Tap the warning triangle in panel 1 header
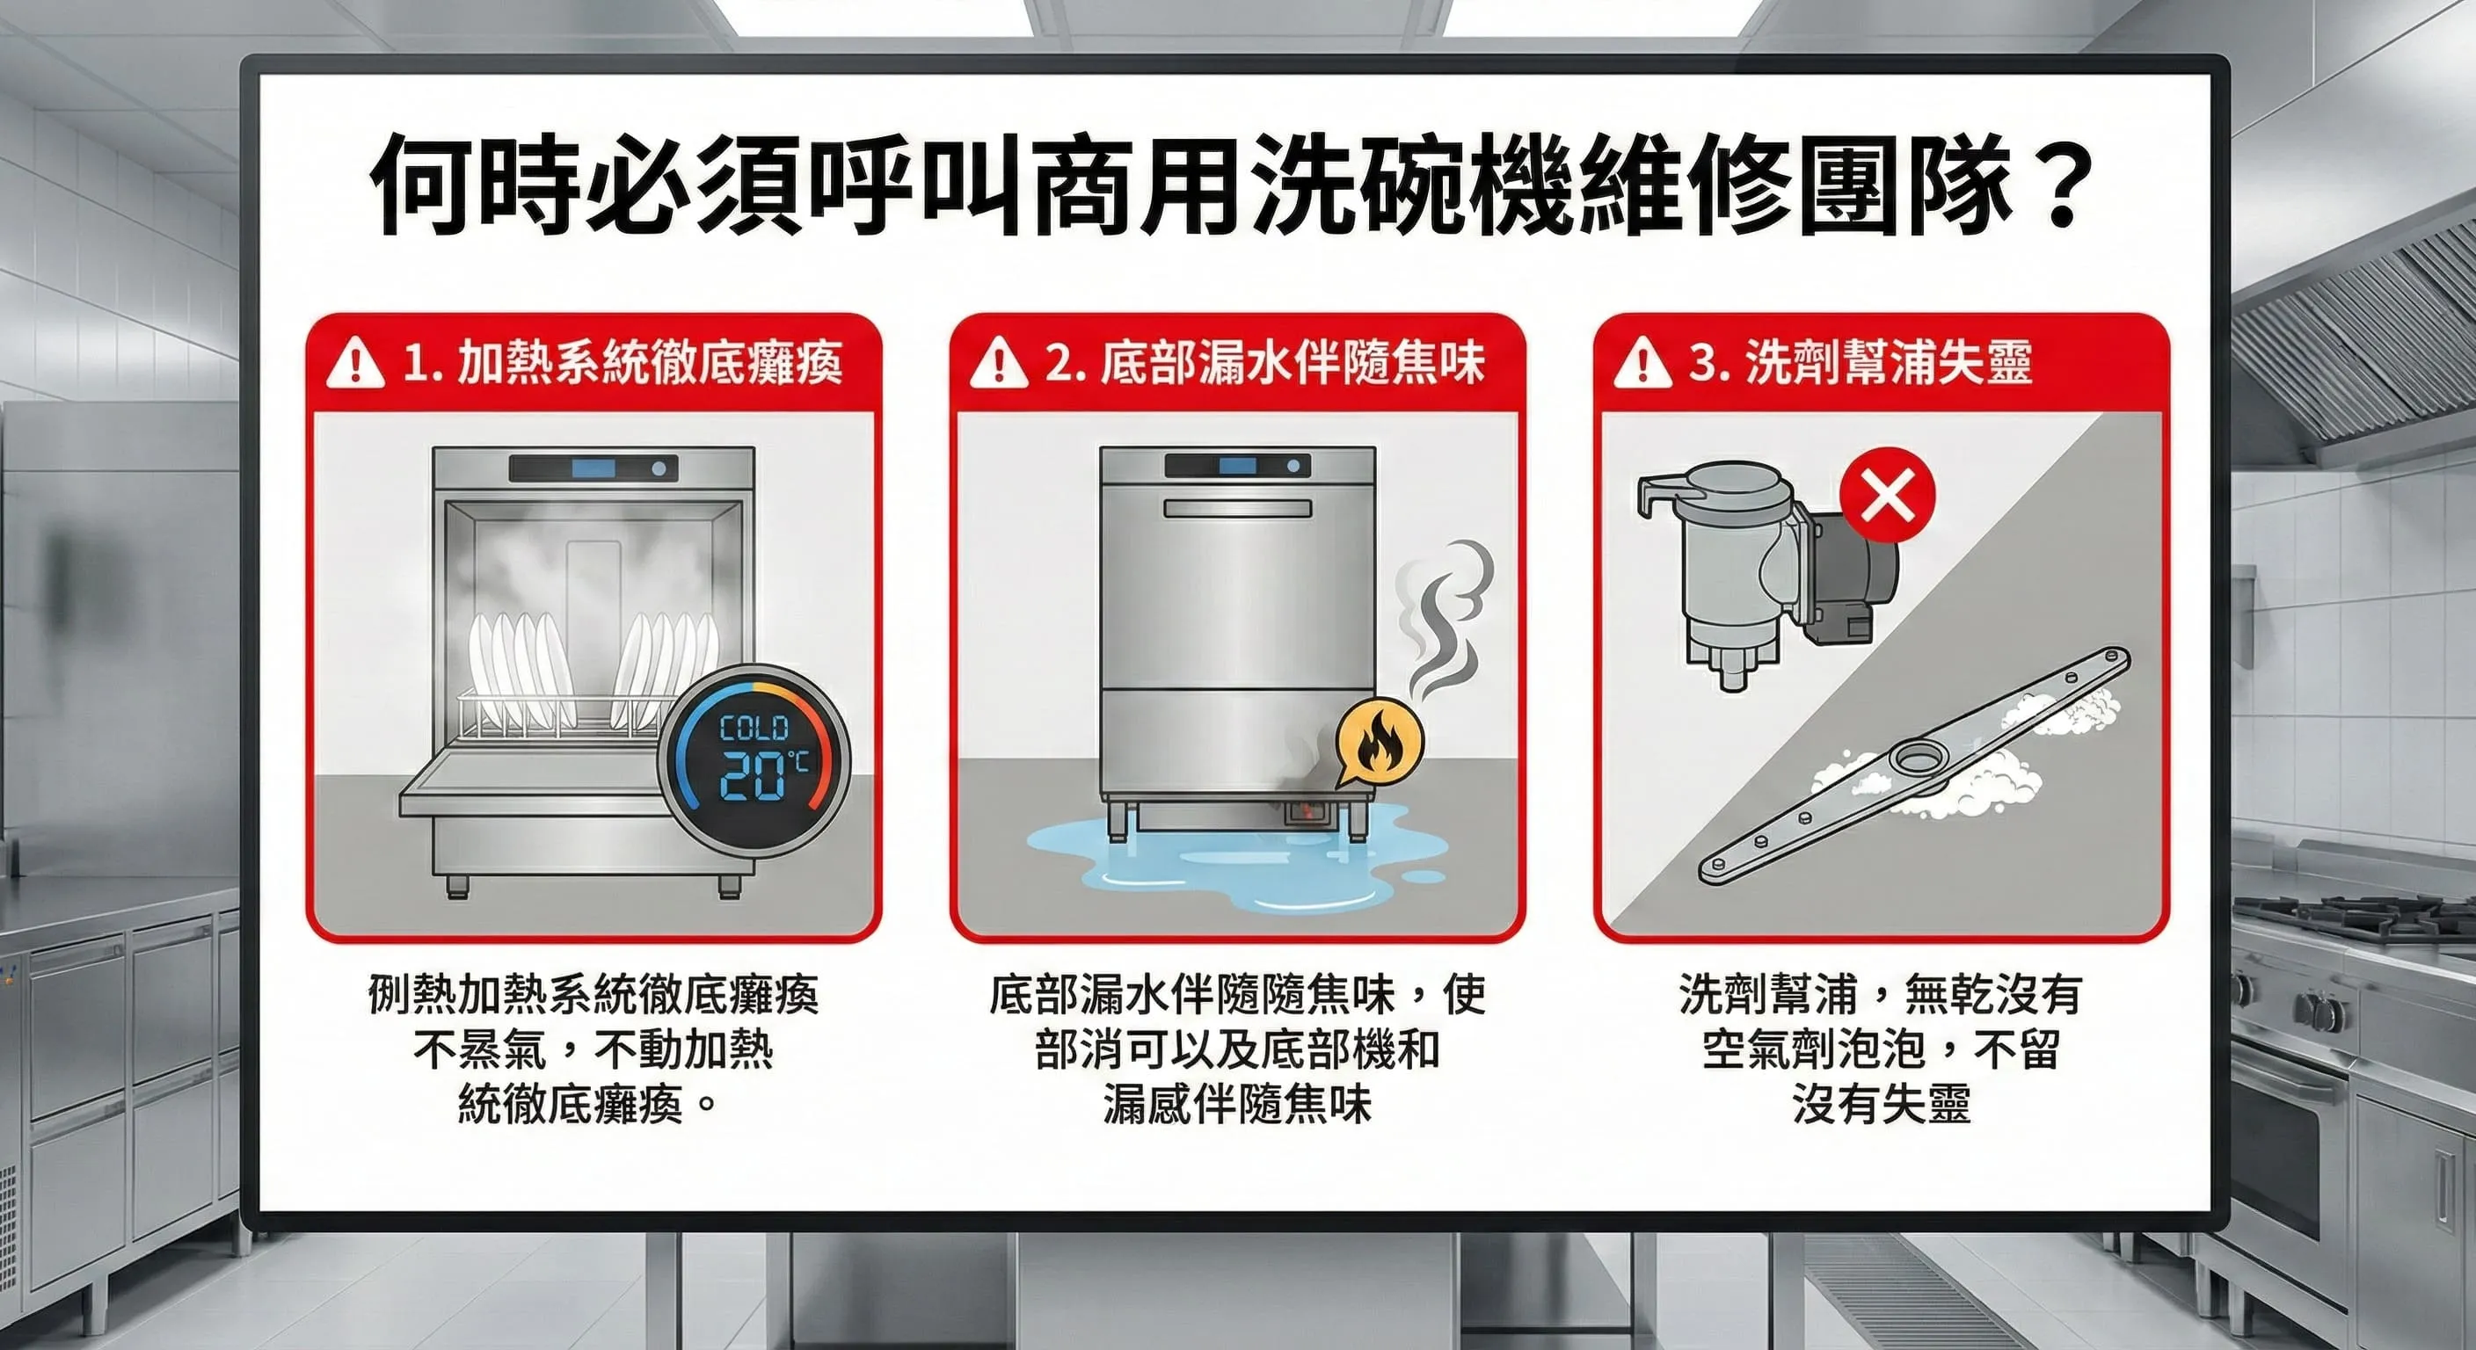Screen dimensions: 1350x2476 tap(354, 363)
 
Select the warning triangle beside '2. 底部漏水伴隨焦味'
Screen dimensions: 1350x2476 tap(999, 363)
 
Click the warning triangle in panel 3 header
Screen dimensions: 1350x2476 tap(1642, 363)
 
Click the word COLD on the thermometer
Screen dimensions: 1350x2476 tap(754, 729)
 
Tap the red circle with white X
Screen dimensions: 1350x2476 tap(1887, 495)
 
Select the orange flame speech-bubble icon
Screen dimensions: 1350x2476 tap(1379, 739)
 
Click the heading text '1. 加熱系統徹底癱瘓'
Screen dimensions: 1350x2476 tap(623, 363)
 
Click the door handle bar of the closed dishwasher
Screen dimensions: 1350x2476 tap(1237, 508)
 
